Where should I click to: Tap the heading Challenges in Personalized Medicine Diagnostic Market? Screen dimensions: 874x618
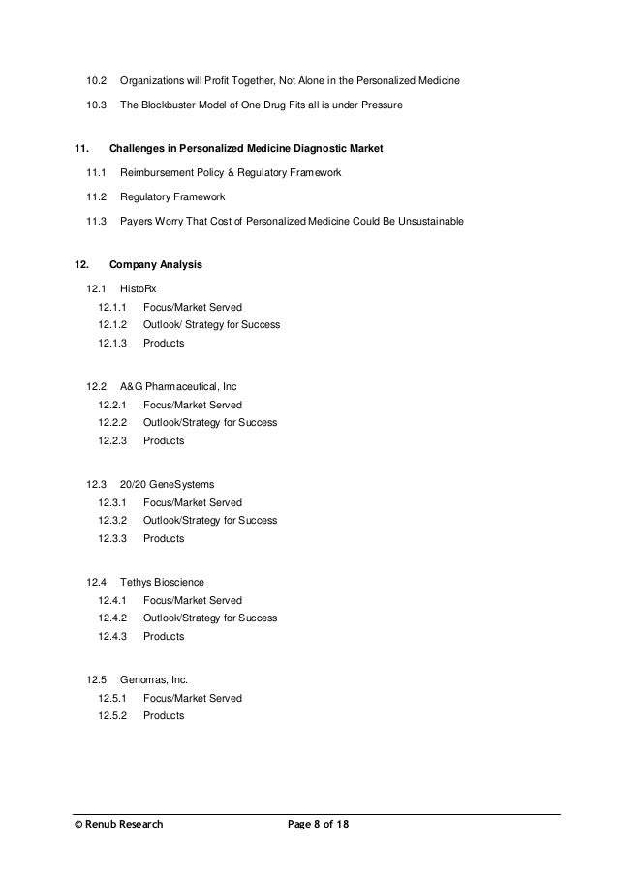coord(246,149)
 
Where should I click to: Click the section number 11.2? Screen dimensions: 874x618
coord(95,197)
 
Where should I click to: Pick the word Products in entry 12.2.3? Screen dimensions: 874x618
coord(164,440)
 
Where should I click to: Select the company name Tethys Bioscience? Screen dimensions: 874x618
coord(162,583)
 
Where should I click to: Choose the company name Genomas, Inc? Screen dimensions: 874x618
coord(154,680)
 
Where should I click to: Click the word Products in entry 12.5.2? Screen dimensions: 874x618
coord(164,716)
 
